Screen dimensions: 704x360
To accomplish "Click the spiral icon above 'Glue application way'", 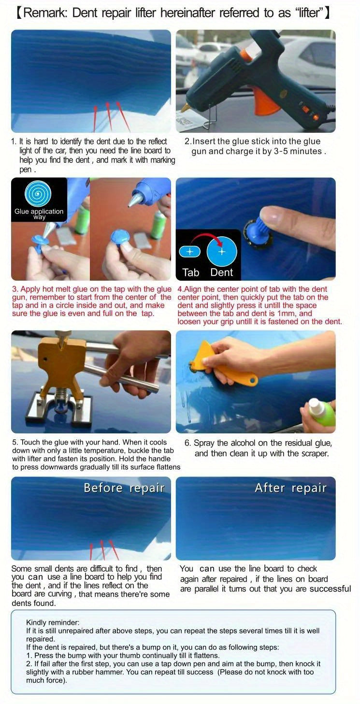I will pyautogui.click(x=39, y=194).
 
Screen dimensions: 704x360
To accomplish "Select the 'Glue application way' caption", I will pyautogui.click(x=39, y=214).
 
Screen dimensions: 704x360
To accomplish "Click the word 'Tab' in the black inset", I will pyautogui.click(x=191, y=273).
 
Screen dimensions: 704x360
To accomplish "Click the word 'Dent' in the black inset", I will pyautogui.click(x=222, y=273).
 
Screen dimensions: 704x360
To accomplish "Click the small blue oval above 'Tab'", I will pyautogui.click(x=189, y=252).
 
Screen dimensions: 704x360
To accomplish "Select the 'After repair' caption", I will pyautogui.click(x=290, y=488).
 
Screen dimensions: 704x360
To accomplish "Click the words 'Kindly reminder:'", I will pyautogui.click(x=53, y=622).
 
